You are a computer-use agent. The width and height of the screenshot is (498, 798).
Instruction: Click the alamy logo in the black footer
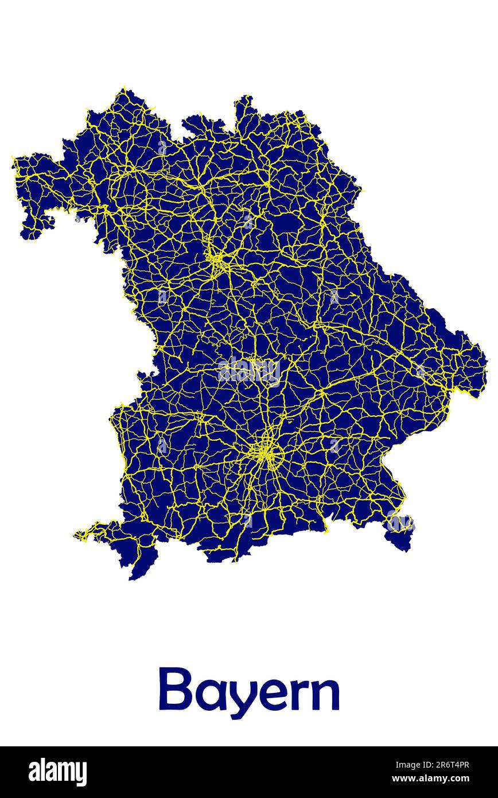point(58,772)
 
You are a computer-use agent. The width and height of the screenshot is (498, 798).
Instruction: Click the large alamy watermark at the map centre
point(249,372)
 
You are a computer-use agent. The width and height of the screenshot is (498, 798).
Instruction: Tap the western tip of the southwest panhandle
point(76,536)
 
